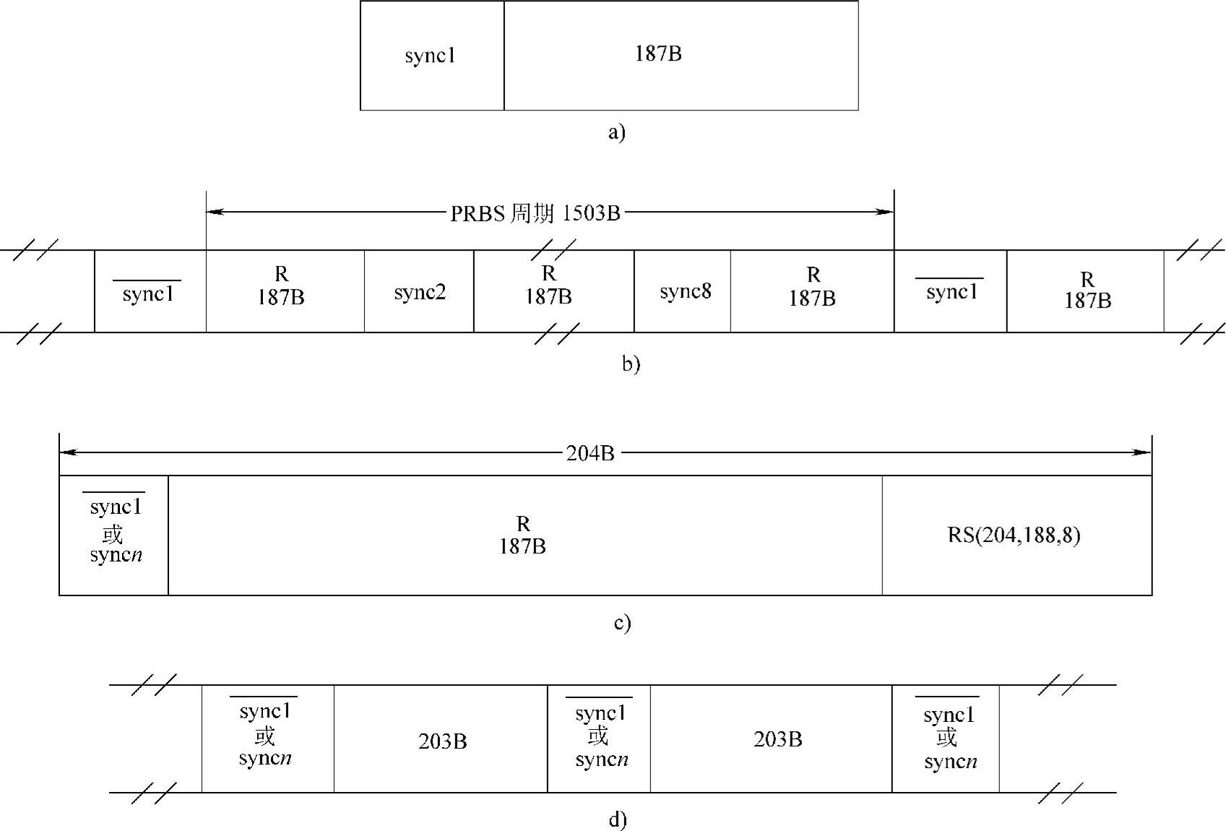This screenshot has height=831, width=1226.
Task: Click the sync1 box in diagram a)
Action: click(431, 56)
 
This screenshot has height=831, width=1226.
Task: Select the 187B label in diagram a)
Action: click(658, 53)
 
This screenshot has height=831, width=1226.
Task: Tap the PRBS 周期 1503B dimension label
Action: click(535, 213)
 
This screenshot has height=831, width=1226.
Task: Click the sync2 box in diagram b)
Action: click(419, 292)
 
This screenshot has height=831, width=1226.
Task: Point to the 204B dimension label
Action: click(590, 453)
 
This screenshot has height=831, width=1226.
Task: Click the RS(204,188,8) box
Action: click(1014, 535)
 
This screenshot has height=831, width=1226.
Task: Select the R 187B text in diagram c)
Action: click(522, 535)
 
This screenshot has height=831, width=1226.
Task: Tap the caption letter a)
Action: click(616, 132)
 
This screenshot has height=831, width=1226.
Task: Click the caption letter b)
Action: click(631, 363)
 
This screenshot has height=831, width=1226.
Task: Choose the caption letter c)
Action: click(622, 623)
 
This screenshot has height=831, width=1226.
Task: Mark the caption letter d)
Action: click(618, 820)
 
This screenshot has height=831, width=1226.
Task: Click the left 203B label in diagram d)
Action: click(442, 741)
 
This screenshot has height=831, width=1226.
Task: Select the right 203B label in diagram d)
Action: click(777, 739)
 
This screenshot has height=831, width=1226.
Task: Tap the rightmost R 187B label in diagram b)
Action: click(1087, 290)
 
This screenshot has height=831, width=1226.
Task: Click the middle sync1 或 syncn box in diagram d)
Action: click(600, 737)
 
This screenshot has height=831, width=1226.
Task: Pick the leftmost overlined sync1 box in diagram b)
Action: click(149, 293)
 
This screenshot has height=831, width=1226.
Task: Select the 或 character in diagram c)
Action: click(113, 534)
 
